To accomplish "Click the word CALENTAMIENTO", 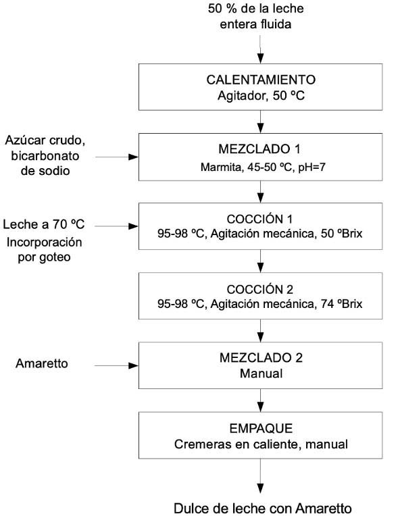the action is (x=261, y=80).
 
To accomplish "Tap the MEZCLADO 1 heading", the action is (x=259, y=149).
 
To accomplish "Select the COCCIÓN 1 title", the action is (x=259, y=219).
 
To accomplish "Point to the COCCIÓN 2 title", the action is (x=259, y=289).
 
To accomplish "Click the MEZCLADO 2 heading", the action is (x=261, y=358).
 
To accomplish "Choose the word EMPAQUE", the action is (x=261, y=428).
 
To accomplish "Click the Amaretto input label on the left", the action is (x=42, y=363).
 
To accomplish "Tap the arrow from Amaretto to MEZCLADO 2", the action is (x=116, y=365).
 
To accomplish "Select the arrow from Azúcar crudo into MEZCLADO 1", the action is (x=117, y=157).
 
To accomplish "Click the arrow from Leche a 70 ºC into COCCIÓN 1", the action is (x=116, y=226).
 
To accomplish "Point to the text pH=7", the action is (x=311, y=167).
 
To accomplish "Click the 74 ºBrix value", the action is (x=341, y=303).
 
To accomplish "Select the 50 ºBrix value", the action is (x=341, y=233).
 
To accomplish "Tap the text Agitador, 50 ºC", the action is (x=261, y=96).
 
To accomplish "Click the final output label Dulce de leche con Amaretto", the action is (x=262, y=509).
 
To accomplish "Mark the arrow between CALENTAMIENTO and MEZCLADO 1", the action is (x=260, y=122).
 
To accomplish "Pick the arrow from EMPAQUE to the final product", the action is (x=260, y=476).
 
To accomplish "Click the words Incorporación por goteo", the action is (x=44, y=249).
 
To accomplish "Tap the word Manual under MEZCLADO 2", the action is (x=261, y=373).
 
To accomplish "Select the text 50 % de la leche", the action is (x=256, y=9).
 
